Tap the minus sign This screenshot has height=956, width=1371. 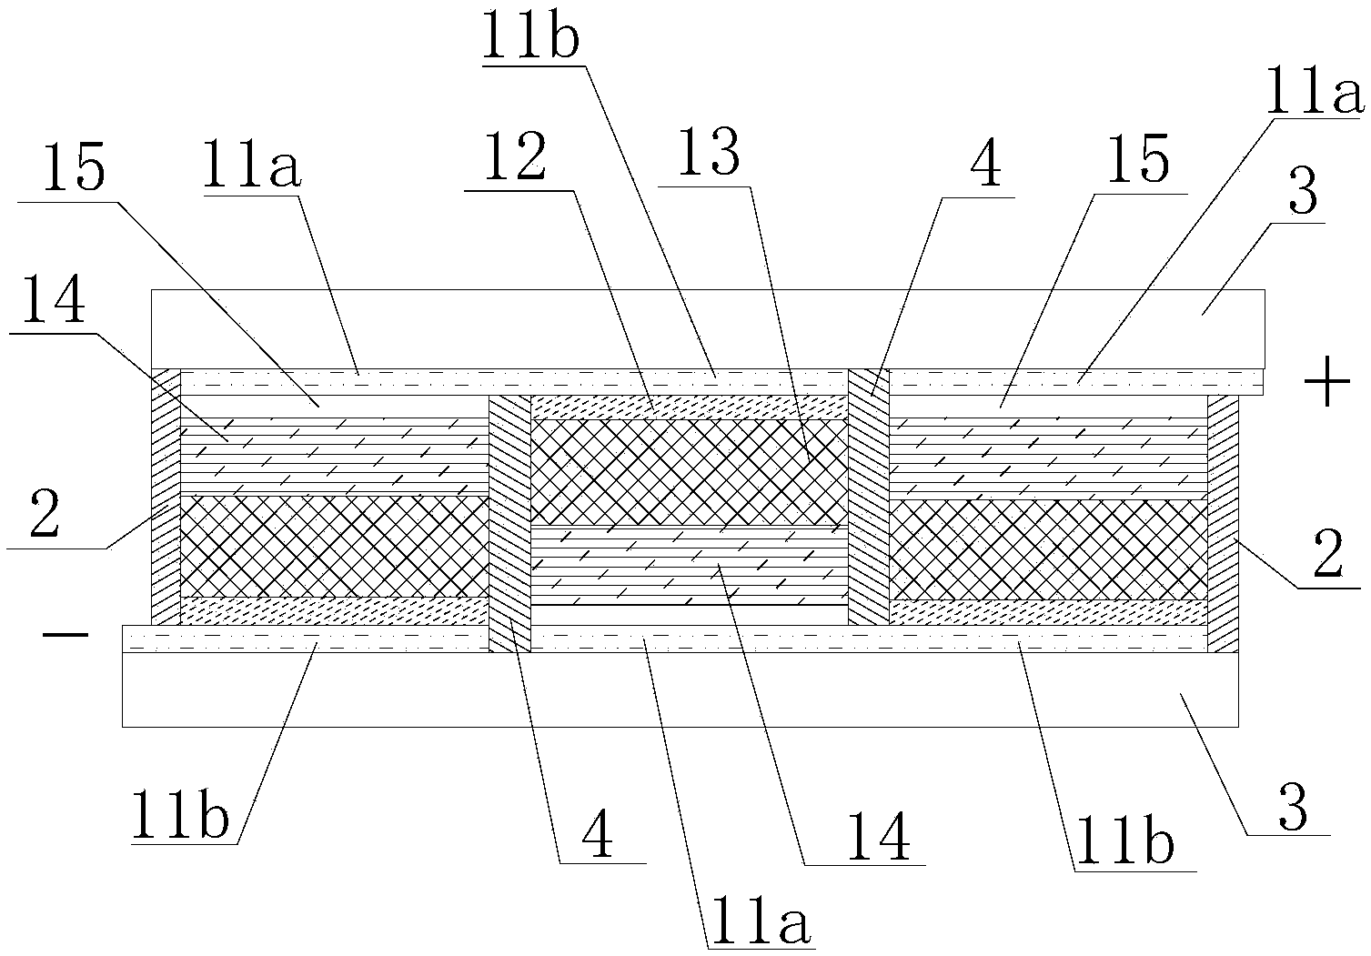(66, 635)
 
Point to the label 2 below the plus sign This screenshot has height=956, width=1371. (1326, 557)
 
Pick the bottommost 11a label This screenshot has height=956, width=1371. (761, 917)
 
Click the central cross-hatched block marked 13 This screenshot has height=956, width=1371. (688, 470)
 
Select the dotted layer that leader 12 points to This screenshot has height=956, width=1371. (688, 407)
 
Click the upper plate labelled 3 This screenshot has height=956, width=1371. (707, 328)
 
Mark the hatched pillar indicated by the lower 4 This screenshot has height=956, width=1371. (509, 524)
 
